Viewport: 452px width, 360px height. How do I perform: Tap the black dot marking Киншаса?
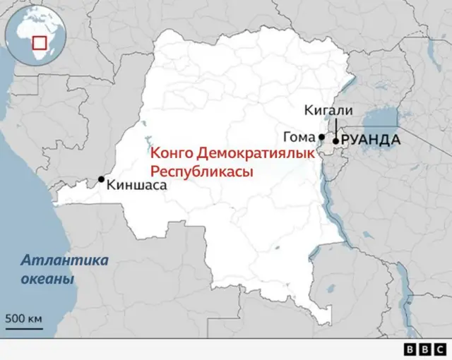click(102, 179)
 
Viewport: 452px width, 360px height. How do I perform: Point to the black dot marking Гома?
click(321, 137)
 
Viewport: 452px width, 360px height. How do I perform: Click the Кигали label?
click(327, 110)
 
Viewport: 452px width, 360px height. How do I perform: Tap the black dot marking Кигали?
click(335, 141)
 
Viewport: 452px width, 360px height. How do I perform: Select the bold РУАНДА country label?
click(371, 140)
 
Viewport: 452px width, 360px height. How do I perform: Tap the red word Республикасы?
click(201, 172)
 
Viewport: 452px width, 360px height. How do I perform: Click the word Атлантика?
click(65, 260)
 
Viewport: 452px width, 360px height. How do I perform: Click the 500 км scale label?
click(24, 318)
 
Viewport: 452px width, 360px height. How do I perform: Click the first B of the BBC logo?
click(412, 349)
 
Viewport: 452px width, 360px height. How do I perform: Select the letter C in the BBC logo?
click(439, 349)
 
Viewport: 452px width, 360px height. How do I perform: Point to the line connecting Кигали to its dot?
click(336, 128)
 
